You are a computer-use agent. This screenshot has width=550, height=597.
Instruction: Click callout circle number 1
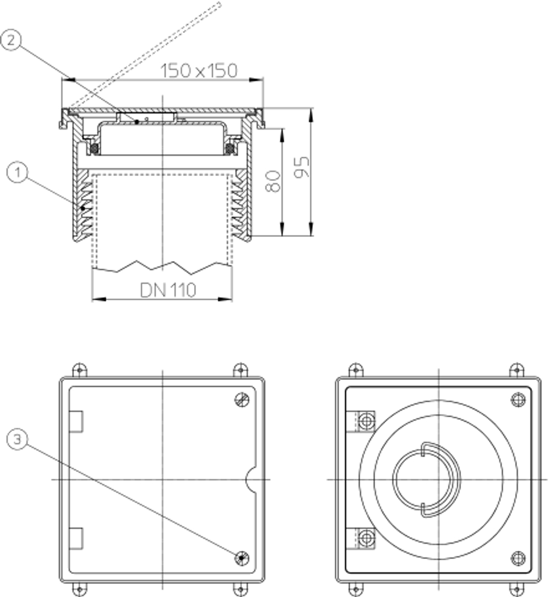point(17,173)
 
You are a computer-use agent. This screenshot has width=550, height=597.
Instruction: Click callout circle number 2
point(11,40)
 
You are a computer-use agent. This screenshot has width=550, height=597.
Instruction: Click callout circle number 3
point(17,439)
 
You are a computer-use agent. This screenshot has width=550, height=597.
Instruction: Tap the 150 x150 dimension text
point(199,70)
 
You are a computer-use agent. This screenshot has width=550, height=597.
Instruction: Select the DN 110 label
point(168,290)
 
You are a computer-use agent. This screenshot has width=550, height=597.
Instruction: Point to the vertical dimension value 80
point(273,181)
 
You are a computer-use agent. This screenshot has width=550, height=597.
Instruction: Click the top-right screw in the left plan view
point(241,400)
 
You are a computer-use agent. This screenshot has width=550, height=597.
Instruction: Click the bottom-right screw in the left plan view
point(241,558)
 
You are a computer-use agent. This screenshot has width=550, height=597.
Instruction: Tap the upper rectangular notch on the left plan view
point(76,422)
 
